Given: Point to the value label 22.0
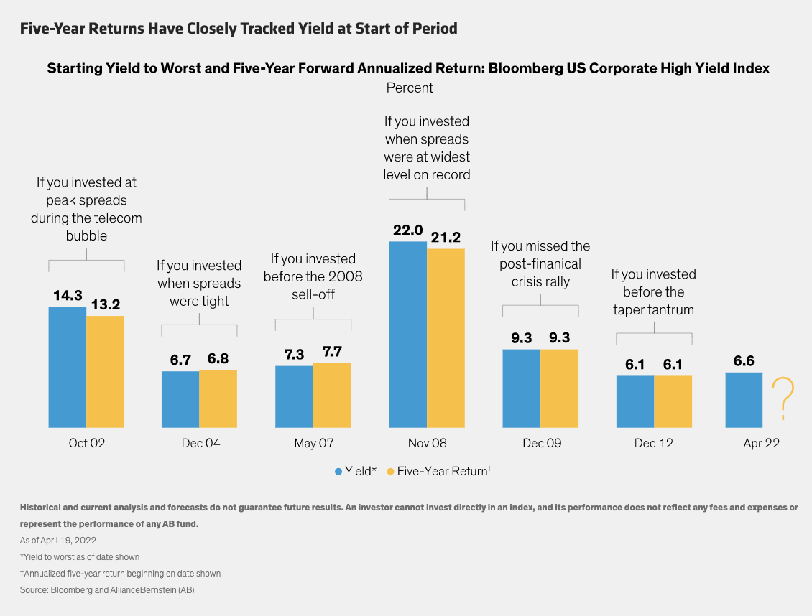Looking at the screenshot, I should (407, 231).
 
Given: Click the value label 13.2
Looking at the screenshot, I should (106, 305).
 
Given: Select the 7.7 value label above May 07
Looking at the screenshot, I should (332, 353).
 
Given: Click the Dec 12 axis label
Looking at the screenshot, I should (654, 443).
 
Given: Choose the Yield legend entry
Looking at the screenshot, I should (355, 471).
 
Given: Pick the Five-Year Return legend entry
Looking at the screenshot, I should (438, 471).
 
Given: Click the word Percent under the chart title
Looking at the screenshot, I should (410, 88).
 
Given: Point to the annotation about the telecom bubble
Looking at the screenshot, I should (86, 209).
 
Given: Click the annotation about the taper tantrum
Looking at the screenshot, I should (654, 291).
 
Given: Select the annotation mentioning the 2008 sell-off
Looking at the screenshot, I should (313, 276).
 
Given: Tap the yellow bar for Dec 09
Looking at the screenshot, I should (559, 388).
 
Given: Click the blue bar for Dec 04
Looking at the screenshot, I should (180, 399).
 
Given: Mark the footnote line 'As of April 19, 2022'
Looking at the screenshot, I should (57, 540).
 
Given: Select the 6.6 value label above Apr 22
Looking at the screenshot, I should (744, 361).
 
